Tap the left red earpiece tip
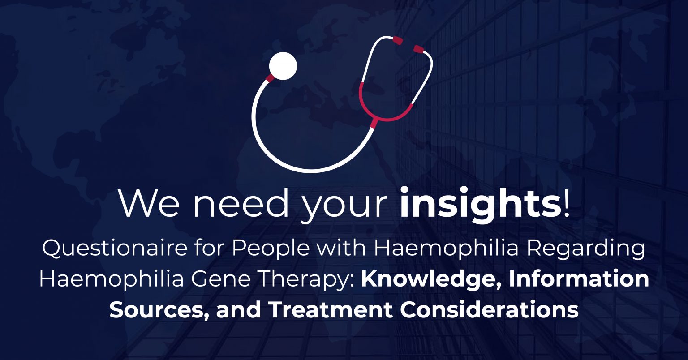tap(397, 40)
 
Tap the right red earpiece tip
tap(418, 49)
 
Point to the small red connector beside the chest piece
tap(270, 78)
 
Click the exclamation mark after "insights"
tap(567, 204)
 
